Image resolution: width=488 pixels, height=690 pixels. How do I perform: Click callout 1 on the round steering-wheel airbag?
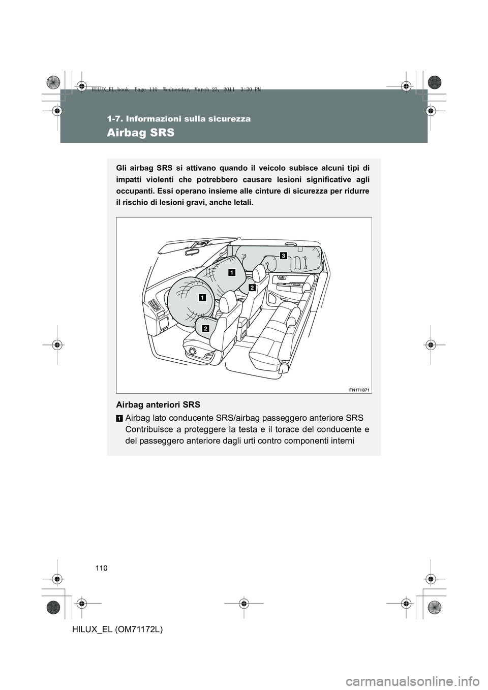pos(202,297)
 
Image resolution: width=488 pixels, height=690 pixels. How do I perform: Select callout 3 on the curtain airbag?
pos(282,254)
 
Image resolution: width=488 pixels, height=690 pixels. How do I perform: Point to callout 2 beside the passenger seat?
pos(251,288)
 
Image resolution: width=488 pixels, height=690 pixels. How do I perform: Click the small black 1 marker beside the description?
pos(118,418)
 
